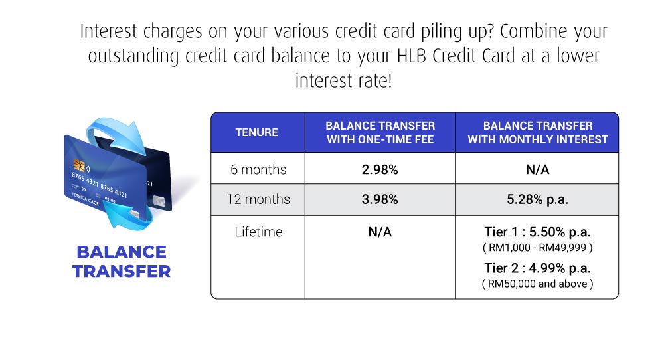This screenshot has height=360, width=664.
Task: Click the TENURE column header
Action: tap(257, 132)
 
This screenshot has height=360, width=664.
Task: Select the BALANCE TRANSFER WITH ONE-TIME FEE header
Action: tap(380, 132)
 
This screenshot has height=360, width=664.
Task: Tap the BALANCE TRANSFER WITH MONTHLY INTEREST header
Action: tap(537, 132)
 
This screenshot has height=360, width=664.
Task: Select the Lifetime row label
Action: tap(258, 232)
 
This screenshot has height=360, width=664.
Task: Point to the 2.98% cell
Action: tap(380, 170)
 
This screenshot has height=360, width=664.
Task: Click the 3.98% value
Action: tap(380, 200)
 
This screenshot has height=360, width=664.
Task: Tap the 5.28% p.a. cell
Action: tap(537, 200)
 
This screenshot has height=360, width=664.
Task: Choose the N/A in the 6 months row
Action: tap(537, 170)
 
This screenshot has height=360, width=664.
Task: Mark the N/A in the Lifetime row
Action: tap(380, 232)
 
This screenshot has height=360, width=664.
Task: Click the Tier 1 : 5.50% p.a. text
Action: tap(537, 233)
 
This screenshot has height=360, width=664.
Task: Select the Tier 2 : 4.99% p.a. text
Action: tap(537, 268)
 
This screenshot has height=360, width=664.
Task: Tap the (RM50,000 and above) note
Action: tap(537, 284)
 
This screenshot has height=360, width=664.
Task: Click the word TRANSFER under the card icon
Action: tap(122, 271)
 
